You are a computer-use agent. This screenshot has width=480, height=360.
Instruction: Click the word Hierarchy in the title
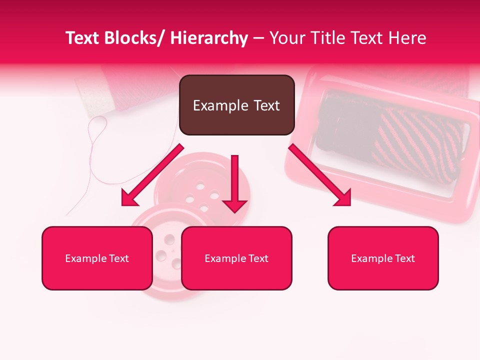(209, 38)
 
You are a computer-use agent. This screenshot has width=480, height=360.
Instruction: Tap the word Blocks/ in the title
(134, 38)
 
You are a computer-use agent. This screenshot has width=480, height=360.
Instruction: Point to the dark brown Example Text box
(236, 105)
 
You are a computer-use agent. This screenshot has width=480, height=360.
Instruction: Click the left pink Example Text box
(97, 258)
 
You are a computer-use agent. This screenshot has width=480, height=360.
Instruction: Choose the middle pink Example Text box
(236, 258)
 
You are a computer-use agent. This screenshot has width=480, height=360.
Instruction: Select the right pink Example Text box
(383, 258)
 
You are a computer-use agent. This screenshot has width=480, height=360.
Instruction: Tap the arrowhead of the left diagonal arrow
(129, 198)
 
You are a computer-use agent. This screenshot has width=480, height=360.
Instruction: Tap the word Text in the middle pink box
(257, 258)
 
